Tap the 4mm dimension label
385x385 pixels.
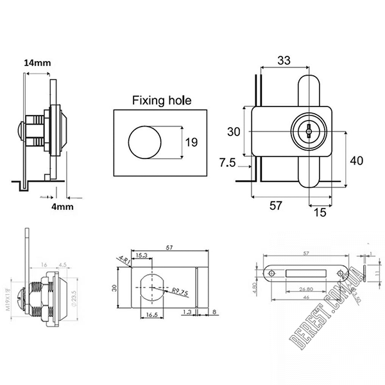pyautogui.click(x=62, y=207)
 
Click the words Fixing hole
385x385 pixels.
pyautogui.click(x=162, y=100)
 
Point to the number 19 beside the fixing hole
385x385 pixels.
pyautogui.click(x=191, y=142)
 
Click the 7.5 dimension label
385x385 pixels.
pyautogui.click(x=228, y=163)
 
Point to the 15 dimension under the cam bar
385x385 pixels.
pyautogui.click(x=318, y=210)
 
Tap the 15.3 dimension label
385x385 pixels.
pyautogui.click(x=142, y=255)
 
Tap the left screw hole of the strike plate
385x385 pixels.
pyautogui.click(x=272, y=274)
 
